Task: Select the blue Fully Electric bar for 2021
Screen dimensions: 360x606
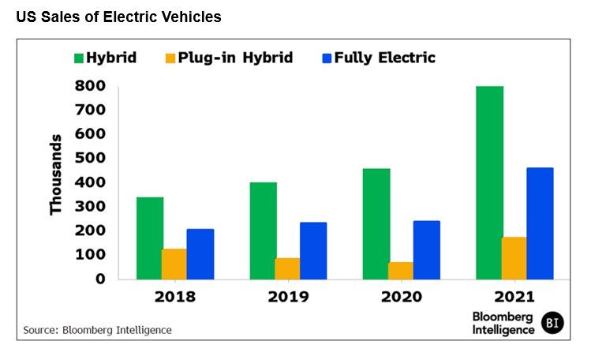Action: coord(540,223)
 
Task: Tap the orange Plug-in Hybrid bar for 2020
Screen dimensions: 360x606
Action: coord(400,270)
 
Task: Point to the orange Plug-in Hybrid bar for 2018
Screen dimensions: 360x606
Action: coord(174,264)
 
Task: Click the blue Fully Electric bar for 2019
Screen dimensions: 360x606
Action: coord(313,250)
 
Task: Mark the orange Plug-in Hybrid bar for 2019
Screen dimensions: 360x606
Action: coord(287,268)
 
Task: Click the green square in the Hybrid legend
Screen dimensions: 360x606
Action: coord(79,58)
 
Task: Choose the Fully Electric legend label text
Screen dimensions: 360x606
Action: coord(384,58)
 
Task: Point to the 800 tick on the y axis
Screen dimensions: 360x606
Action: coord(90,85)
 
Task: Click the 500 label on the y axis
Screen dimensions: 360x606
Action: coord(90,158)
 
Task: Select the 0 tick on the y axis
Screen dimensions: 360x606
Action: coord(99,279)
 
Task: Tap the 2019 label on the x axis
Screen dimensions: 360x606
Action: coord(287,298)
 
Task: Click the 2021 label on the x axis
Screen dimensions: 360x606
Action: coord(514,298)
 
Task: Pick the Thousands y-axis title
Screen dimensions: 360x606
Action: coord(56,174)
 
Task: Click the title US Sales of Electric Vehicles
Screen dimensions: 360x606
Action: coord(118,17)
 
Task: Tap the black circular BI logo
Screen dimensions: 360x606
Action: coord(553,323)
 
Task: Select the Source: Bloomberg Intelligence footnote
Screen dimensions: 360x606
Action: coord(97,330)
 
